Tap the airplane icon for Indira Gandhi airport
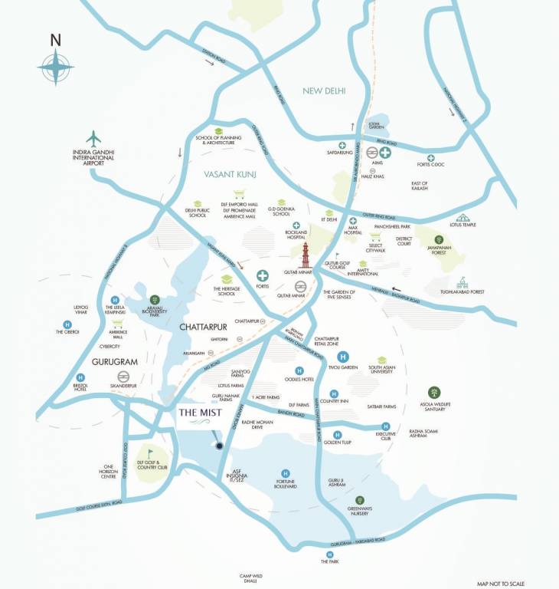[x=94, y=140]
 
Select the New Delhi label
[x=324, y=91]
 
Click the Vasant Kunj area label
[x=229, y=176]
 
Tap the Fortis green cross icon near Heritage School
[x=263, y=276]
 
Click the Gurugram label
[x=94, y=360]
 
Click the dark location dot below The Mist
[x=218, y=446]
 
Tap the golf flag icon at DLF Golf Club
[x=150, y=452]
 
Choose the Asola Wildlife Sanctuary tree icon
[x=433, y=393]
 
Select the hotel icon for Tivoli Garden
[x=343, y=357]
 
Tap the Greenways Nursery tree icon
[x=359, y=500]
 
